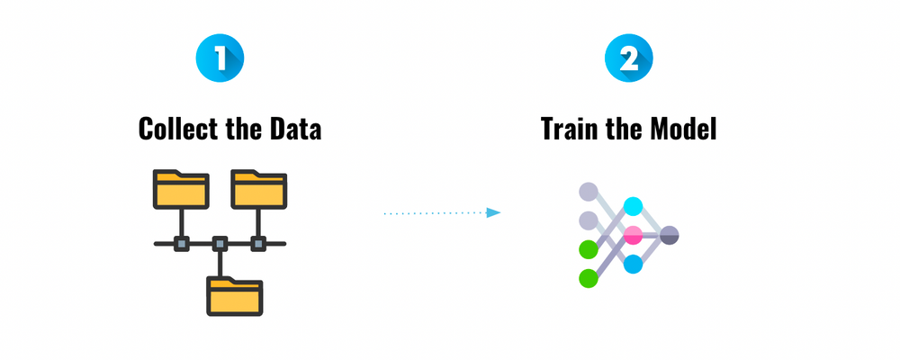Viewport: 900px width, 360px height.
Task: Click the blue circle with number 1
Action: (220, 59)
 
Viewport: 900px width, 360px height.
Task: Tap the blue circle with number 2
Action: (629, 59)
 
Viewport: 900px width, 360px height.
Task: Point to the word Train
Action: (573, 129)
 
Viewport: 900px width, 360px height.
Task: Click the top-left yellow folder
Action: (181, 188)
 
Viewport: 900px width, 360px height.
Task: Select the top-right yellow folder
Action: (258, 188)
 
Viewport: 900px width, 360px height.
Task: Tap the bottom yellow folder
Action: (234, 294)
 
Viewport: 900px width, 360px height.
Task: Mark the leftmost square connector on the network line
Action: (181, 243)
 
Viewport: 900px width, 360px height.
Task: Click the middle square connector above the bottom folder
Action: (219, 243)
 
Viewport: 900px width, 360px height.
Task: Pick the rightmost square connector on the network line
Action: (258, 243)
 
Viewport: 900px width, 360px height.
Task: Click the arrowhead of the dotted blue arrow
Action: (493, 213)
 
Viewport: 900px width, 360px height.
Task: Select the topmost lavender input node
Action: (589, 191)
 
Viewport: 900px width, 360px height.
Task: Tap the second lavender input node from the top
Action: (589, 220)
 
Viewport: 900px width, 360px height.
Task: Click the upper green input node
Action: (589, 249)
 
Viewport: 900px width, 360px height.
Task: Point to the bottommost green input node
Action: (589, 278)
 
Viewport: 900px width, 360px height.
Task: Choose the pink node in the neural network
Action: (634, 235)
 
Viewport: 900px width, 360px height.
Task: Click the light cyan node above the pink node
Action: (634, 206)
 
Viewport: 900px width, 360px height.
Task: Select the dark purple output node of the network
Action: (669, 235)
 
